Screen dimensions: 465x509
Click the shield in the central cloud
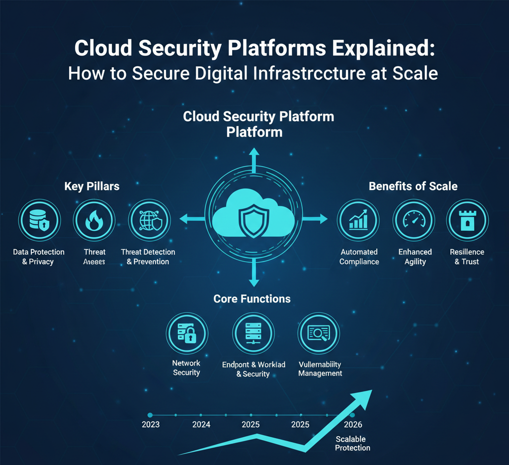click(x=254, y=217)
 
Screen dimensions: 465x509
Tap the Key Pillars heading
click(x=91, y=186)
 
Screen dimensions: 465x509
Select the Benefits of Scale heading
click(x=413, y=186)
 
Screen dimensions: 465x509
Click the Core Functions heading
click(x=252, y=298)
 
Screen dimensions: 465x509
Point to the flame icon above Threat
click(x=94, y=221)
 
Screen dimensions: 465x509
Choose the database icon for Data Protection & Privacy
click(x=39, y=221)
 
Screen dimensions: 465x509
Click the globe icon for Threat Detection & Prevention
click(x=149, y=221)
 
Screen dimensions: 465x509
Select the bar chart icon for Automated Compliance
click(x=358, y=221)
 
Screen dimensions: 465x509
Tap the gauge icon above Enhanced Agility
click(x=414, y=221)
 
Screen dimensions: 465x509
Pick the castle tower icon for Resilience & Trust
click(x=467, y=221)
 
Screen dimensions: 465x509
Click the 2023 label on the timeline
click(x=151, y=425)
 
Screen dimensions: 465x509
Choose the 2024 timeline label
click(x=201, y=425)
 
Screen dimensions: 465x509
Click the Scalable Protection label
click(x=352, y=444)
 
